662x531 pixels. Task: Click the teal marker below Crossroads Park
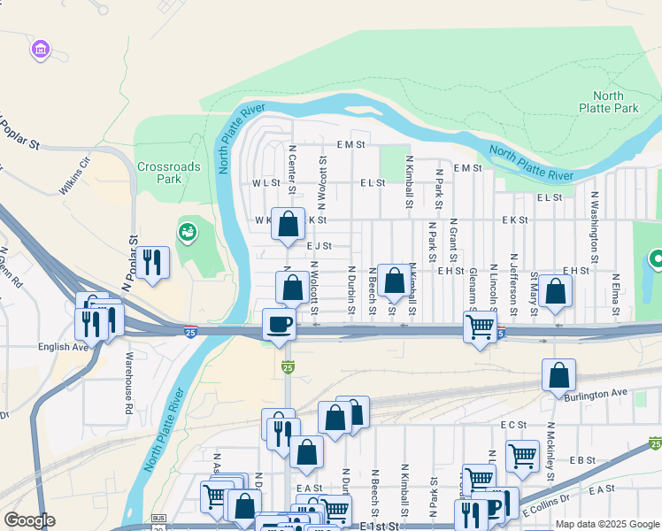point(187,233)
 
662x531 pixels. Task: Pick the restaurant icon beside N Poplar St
point(154,262)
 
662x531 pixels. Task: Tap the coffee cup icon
point(280,324)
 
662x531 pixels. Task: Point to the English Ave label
point(64,347)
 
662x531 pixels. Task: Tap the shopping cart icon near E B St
point(522,456)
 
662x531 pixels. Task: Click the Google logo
point(29,520)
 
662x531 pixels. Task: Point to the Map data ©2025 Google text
point(606,524)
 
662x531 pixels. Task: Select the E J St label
point(319,246)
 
